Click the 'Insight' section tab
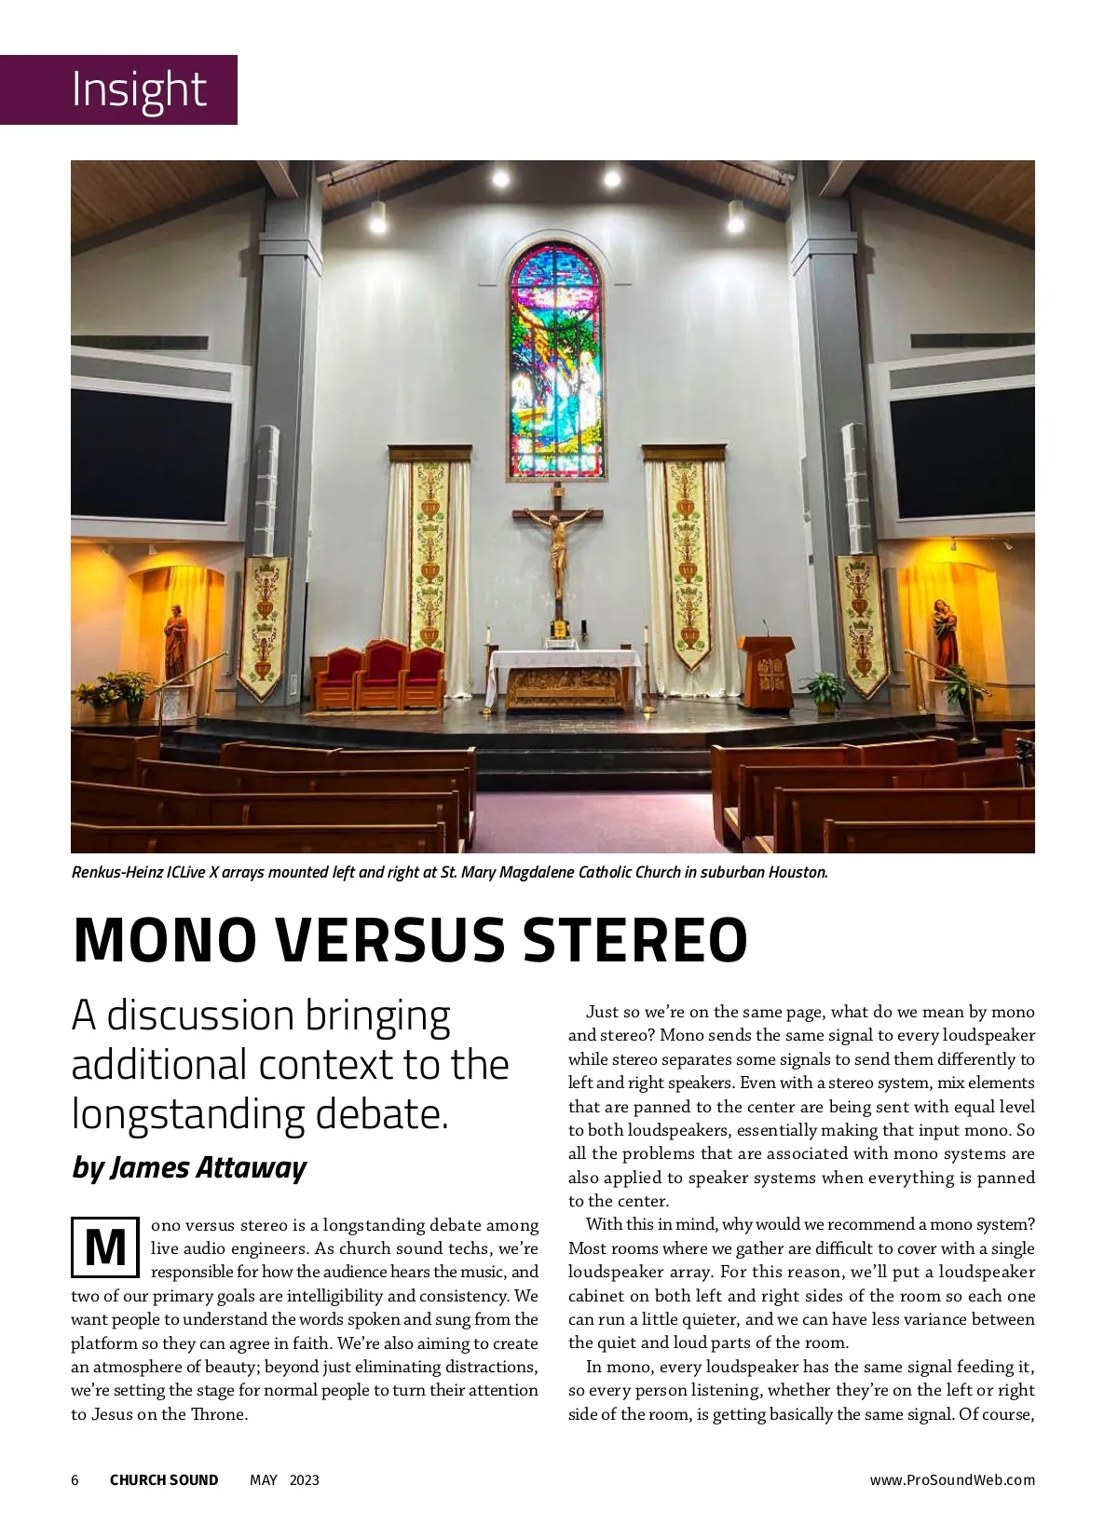click(139, 89)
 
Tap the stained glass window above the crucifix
click(556, 363)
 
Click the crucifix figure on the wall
click(557, 545)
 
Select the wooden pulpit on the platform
click(766, 671)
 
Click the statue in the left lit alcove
click(175, 642)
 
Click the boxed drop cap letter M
click(105, 1247)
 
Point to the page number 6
click(75, 1480)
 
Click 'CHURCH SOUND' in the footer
click(164, 1480)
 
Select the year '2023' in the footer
click(304, 1480)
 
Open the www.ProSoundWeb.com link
click(952, 1480)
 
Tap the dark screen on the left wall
click(151, 454)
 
